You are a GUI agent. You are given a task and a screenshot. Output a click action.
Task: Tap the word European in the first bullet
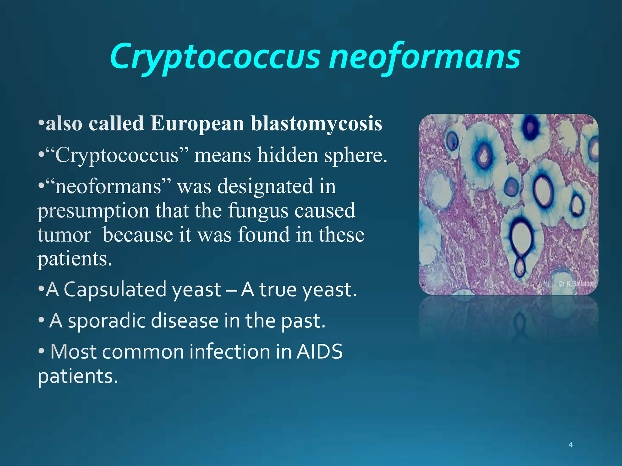tap(197, 123)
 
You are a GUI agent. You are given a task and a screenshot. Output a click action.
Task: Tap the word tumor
tap(64, 235)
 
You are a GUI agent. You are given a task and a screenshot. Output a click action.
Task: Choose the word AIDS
tap(319, 352)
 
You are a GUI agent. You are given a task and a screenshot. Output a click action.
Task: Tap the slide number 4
tap(570, 445)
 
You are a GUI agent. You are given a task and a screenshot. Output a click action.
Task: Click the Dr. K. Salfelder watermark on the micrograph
tap(576, 284)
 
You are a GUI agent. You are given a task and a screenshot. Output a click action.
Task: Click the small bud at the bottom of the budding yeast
tap(520, 267)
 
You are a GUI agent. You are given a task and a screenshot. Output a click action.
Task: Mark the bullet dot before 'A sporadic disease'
tap(42, 320)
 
